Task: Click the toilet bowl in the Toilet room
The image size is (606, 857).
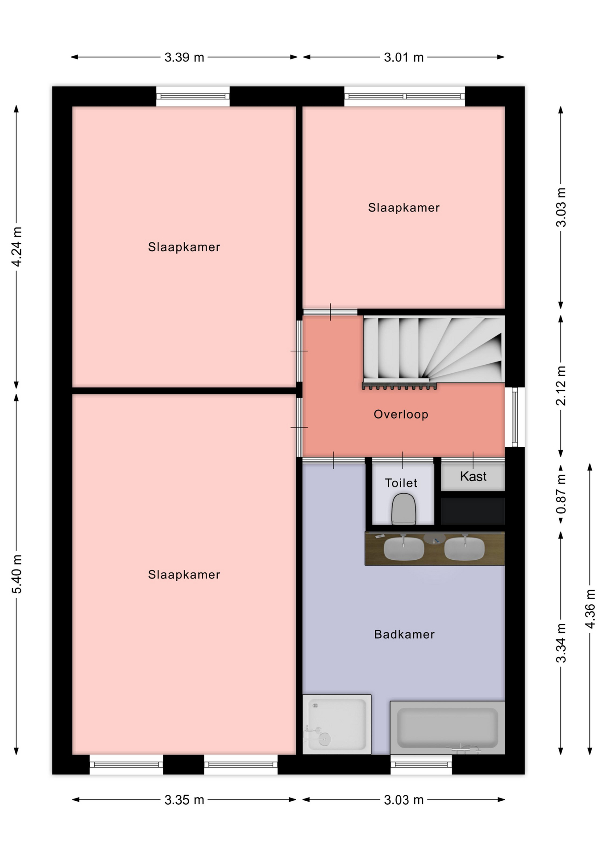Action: (x=404, y=509)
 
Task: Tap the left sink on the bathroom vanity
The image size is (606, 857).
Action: (x=404, y=549)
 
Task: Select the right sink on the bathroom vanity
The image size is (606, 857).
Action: (x=465, y=549)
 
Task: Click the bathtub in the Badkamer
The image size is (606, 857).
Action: (x=448, y=728)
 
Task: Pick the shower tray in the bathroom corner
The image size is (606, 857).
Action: (x=337, y=724)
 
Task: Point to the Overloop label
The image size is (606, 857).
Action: (x=401, y=414)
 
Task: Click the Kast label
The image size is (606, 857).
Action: (x=473, y=476)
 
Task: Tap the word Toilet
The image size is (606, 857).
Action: (x=401, y=483)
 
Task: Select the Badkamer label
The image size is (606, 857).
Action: (x=404, y=634)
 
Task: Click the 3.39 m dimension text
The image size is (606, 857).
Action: (x=184, y=57)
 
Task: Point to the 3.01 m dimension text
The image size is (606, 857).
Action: (x=404, y=57)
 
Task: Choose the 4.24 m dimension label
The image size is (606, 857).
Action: (x=17, y=247)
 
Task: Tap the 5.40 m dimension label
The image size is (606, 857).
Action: (x=17, y=574)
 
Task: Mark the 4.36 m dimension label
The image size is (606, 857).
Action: (x=590, y=609)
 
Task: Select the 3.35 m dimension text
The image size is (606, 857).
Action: (x=184, y=799)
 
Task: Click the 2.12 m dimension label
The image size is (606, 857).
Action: (x=561, y=386)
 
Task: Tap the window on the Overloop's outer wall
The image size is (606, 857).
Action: (x=515, y=417)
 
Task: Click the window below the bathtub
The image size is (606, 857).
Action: (x=421, y=765)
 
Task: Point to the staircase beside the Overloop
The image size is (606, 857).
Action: (x=434, y=350)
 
